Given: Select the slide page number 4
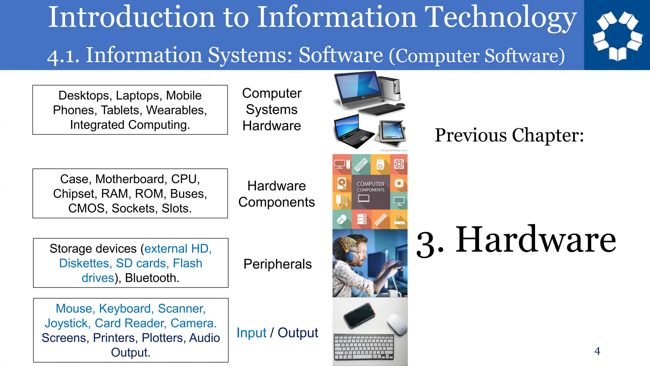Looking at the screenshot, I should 597,351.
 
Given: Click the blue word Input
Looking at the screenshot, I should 251,333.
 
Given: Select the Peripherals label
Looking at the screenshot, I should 277,264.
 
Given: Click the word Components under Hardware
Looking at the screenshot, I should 276,202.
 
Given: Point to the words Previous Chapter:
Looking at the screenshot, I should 509,135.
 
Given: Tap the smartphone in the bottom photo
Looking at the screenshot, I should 360,315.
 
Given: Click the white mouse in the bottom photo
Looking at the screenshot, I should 397,324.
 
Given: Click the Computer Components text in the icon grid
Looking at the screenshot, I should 370,187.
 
